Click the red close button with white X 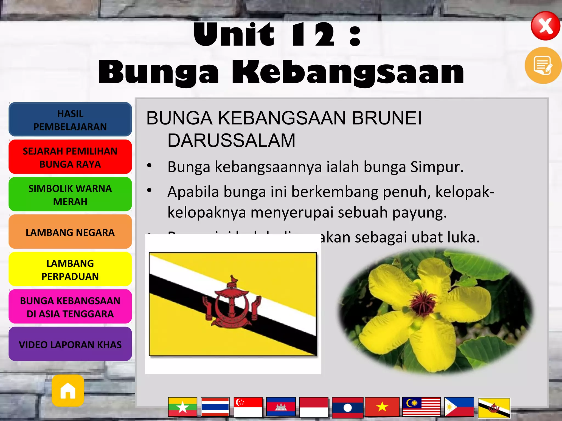pyautogui.click(x=545, y=26)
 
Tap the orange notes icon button pyautogui.click(x=543, y=65)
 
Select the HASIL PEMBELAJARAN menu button pyautogui.click(x=70, y=120)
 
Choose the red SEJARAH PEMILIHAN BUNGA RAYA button pyautogui.click(x=70, y=157)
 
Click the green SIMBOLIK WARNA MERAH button pyautogui.click(x=70, y=195)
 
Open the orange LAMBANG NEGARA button pyautogui.click(x=70, y=232)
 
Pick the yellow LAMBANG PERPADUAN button pyautogui.click(x=70, y=269)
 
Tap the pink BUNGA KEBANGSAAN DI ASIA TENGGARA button pyautogui.click(x=70, y=307)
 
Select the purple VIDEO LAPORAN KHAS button pyautogui.click(x=70, y=344)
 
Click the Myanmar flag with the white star pyautogui.click(x=182, y=407)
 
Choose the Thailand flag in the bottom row pyautogui.click(x=215, y=407)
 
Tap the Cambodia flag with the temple pyautogui.click(x=281, y=407)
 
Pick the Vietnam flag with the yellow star pyautogui.click(x=382, y=407)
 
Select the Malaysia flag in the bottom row pyautogui.click(x=421, y=407)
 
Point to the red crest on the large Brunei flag pyautogui.click(x=232, y=304)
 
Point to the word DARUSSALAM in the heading pyautogui.click(x=231, y=140)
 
